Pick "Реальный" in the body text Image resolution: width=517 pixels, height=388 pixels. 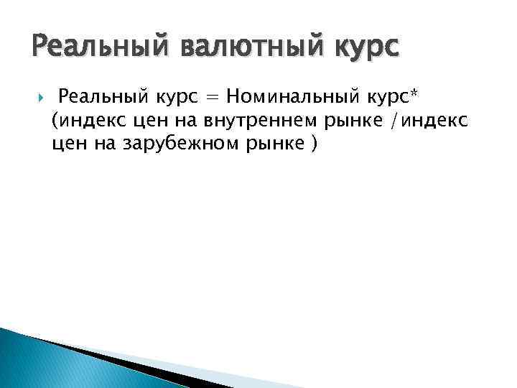tap(103, 96)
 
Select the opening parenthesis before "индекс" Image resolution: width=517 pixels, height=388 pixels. tap(55, 120)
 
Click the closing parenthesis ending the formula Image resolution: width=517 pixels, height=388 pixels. tap(313, 144)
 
